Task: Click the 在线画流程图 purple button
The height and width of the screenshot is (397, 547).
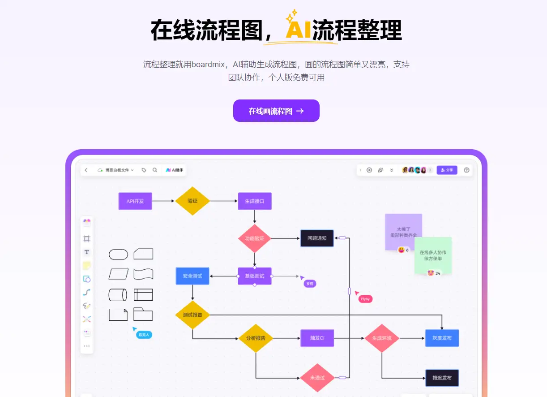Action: (276, 111)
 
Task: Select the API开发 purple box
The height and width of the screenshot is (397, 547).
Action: (135, 201)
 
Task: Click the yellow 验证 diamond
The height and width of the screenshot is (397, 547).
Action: (192, 201)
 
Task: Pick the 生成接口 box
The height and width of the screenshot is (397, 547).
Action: (255, 201)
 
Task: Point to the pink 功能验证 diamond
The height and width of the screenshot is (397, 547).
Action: (255, 238)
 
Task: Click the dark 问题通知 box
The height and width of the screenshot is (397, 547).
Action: (317, 238)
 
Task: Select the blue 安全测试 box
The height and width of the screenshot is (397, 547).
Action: (192, 276)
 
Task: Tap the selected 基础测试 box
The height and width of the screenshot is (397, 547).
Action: (255, 276)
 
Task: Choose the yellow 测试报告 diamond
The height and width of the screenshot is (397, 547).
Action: (192, 315)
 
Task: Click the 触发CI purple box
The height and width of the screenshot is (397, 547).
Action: (317, 338)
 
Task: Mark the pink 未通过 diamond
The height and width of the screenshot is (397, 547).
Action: (317, 378)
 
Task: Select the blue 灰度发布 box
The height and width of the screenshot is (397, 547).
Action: (442, 338)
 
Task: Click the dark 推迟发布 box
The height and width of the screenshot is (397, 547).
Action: (442, 378)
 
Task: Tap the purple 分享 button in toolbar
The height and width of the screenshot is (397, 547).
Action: (447, 170)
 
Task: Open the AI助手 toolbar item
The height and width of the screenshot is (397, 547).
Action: (175, 170)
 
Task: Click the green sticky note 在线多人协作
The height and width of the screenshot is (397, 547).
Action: (433, 255)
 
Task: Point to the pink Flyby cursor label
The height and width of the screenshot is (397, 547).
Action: (365, 299)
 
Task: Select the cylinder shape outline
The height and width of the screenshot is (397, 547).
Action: (118, 295)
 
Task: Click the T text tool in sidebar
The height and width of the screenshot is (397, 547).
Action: (87, 252)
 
